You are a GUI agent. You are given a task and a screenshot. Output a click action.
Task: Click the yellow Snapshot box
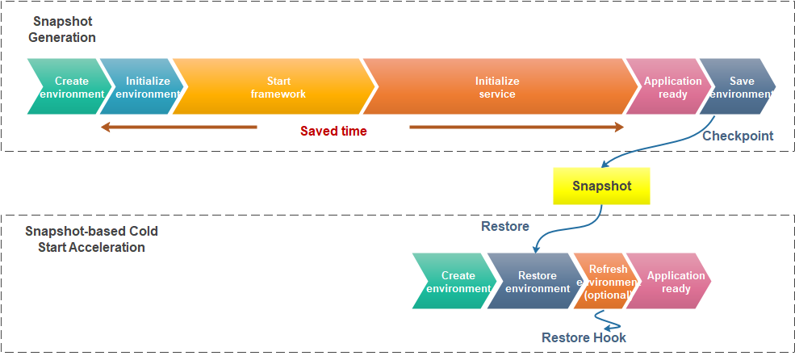click(601, 186)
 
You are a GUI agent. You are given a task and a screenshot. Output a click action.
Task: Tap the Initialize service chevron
click(500, 86)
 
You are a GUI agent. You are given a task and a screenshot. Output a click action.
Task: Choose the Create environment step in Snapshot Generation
click(69, 86)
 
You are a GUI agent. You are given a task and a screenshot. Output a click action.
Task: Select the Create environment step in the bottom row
click(454, 281)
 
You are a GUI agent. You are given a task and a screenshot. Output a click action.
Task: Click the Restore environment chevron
click(533, 281)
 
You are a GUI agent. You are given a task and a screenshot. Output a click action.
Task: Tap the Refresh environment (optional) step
click(604, 281)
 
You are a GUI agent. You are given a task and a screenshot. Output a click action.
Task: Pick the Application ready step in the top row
click(667, 86)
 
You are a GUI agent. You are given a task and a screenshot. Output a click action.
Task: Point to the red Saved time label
click(333, 131)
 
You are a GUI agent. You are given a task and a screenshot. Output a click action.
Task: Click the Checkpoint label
click(738, 136)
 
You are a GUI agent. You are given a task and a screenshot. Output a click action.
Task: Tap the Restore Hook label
click(584, 337)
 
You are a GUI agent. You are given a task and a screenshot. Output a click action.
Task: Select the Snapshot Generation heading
click(62, 29)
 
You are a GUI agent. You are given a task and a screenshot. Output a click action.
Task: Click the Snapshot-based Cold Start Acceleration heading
click(92, 239)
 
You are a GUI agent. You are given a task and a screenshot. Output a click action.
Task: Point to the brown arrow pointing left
click(179, 127)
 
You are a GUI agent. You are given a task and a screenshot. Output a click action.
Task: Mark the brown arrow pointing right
click(517, 127)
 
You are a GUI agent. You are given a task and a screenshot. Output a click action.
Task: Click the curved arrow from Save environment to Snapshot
click(659, 148)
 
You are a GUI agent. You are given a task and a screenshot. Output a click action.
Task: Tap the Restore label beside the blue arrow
click(505, 226)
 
